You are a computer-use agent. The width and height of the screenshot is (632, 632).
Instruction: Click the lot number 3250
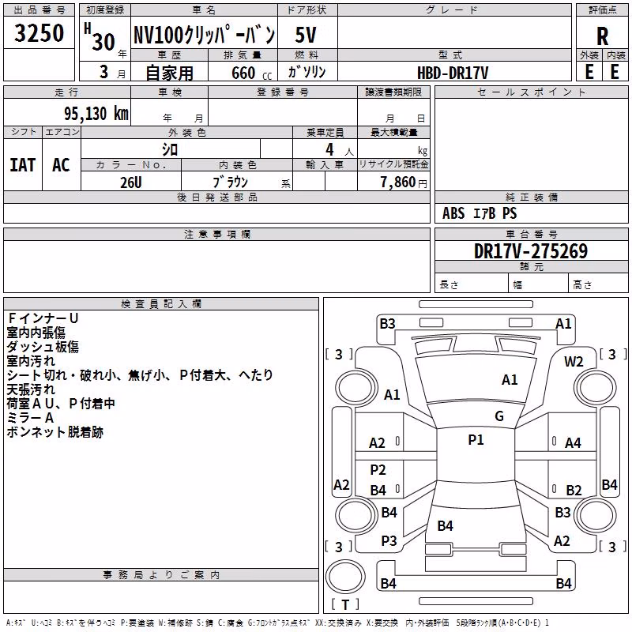(x=39, y=32)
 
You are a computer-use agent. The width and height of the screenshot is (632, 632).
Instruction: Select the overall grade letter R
(x=602, y=36)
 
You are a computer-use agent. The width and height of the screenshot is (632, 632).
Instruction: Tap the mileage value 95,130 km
(x=96, y=114)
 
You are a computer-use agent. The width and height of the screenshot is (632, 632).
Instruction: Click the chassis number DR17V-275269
(x=531, y=251)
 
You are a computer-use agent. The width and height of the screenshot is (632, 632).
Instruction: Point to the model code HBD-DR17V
(x=453, y=73)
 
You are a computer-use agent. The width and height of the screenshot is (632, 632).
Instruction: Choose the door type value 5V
(x=306, y=35)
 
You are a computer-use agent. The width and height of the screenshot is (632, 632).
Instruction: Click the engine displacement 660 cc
(x=251, y=73)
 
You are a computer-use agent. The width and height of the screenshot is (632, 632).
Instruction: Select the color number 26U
(x=131, y=182)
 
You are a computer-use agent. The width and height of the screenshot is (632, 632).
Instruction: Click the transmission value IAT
(x=22, y=165)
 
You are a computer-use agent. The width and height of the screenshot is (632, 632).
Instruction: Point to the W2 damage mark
(x=574, y=362)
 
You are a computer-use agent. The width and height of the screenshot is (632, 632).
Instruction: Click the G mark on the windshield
(x=499, y=416)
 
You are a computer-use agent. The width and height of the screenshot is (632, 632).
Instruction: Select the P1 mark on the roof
(x=476, y=439)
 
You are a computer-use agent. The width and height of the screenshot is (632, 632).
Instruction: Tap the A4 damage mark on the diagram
(x=573, y=443)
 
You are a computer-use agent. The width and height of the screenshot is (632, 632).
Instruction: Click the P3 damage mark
(x=389, y=540)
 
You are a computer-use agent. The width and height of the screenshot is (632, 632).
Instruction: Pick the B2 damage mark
(x=574, y=490)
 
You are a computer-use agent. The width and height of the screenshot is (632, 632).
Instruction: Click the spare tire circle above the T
(x=345, y=577)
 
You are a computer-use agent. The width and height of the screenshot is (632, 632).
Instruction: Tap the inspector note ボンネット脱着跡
(x=55, y=432)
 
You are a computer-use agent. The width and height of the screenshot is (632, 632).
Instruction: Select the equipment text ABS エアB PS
(x=480, y=213)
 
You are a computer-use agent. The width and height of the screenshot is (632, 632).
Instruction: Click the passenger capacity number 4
(x=329, y=149)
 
